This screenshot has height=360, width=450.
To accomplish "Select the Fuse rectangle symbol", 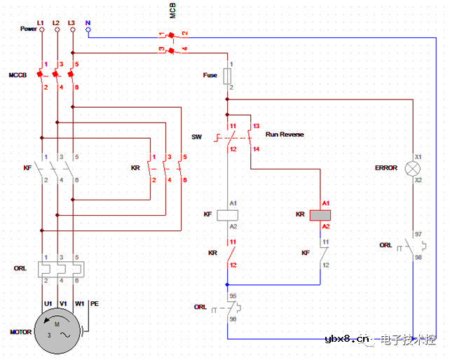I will (227, 76).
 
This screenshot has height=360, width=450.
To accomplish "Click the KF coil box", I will (227, 215).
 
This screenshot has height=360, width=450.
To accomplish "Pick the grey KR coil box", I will (320, 215).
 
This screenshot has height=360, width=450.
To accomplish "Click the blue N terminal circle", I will (88, 30).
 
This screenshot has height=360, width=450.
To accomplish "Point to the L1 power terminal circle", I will (41, 30).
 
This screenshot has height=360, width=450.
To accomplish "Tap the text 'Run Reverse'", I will (285, 134).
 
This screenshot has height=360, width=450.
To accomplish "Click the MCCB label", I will (18, 74).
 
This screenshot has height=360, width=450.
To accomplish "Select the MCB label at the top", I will (173, 10).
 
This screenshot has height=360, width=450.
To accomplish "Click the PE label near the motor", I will (95, 303).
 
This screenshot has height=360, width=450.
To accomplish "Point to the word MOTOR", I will (20, 332).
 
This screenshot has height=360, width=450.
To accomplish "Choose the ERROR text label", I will (386, 168).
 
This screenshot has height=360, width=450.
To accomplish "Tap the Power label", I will (28, 29).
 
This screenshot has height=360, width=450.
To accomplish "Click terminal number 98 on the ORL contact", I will (418, 258).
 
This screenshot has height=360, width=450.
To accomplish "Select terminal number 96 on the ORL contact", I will (233, 319).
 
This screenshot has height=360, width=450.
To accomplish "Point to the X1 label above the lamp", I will (418, 157).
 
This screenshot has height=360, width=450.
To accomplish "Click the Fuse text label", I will (210, 75).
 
